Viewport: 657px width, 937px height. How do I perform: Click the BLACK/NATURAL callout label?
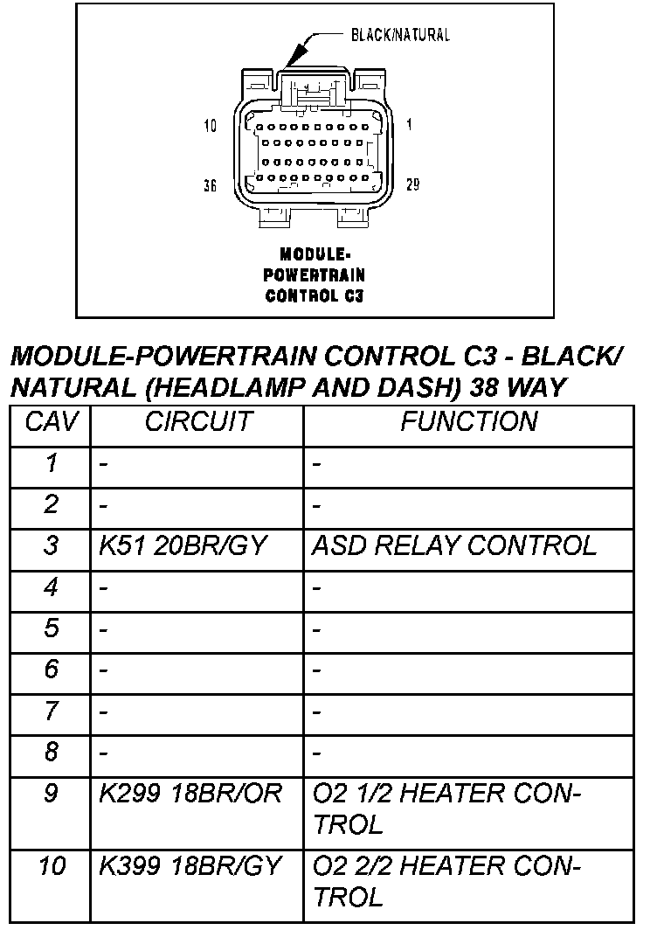tap(400, 35)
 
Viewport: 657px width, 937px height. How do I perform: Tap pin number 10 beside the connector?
tap(210, 125)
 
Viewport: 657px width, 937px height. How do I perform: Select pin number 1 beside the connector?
tap(409, 125)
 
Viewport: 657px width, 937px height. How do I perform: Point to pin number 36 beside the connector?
tap(210, 186)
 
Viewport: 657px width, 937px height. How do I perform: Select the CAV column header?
tap(51, 422)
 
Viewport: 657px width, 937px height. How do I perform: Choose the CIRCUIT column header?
tap(197, 422)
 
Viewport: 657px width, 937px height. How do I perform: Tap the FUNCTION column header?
tap(468, 422)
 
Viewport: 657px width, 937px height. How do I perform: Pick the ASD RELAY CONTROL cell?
tap(453, 546)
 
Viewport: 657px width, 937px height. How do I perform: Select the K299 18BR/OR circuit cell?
tap(190, 794)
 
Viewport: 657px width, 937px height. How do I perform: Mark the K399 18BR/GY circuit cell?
tap(190, 866)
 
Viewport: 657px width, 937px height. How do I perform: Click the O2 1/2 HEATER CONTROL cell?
tap(446, 809)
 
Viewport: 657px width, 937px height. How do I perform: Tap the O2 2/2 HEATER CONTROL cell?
tap(446, 881)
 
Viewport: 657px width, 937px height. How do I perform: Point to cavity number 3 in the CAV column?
tap(51, 546)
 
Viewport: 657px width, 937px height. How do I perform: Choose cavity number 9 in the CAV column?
tap(51, 794)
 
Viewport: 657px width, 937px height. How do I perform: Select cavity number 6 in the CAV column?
tap(51, 670)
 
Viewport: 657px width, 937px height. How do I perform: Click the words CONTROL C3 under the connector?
tap(314, 295)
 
